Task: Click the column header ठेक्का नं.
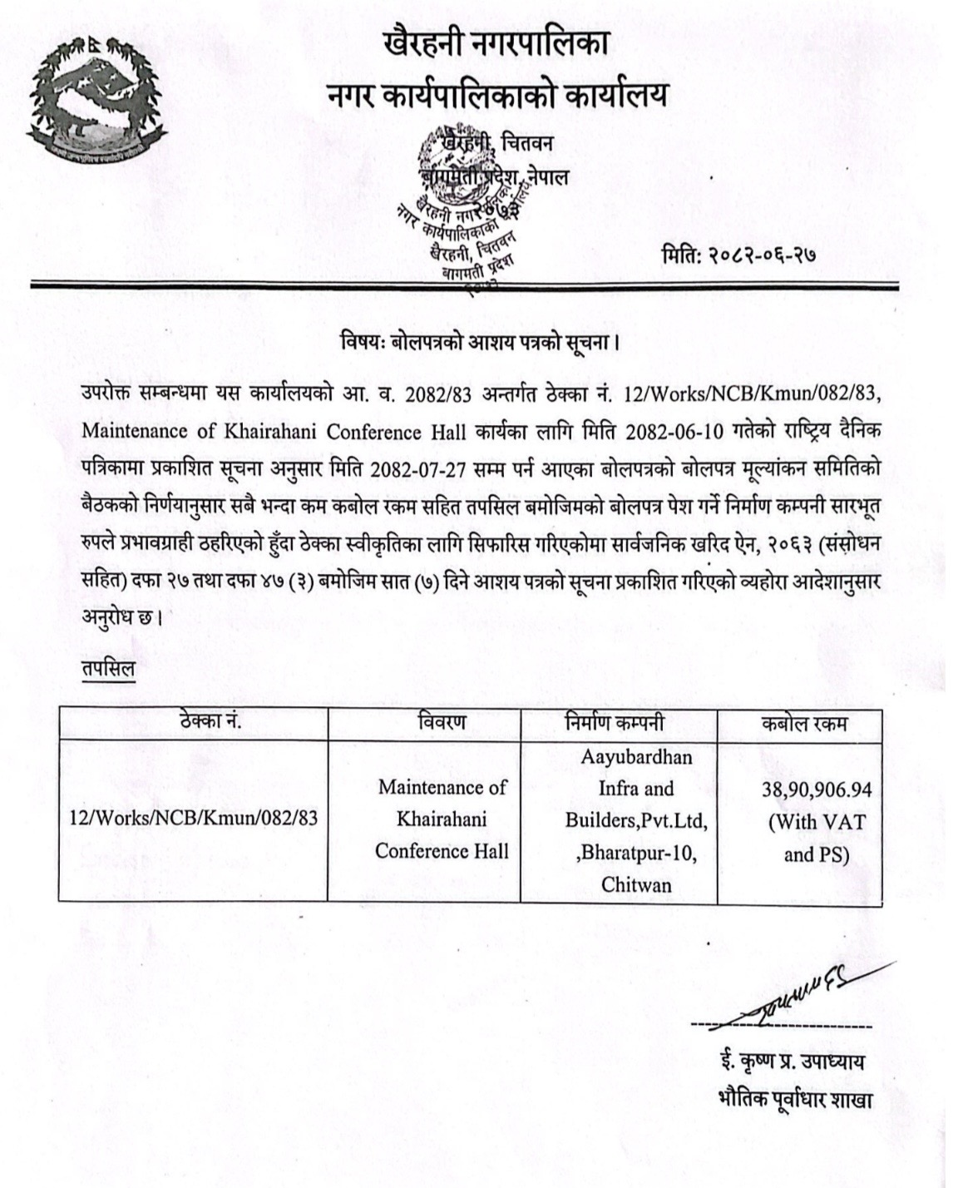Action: pyautogui.click(x=210, y=722)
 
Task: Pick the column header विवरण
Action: pyautogui.click(x=442, y=722)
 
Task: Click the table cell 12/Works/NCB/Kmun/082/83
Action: pyautogui.click(x=193, y=819)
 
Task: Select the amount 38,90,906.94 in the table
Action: pyautogui.click(x=817, y=789)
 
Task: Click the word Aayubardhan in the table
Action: pyautogui.click(x=635, y=757)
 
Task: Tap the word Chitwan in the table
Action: pyautogui.click(x=636, y=884)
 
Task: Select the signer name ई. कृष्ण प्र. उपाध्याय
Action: pyautogui.click(x=793, y=1062)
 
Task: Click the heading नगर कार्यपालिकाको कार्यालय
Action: pyautogui.click(x=496, y=96)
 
